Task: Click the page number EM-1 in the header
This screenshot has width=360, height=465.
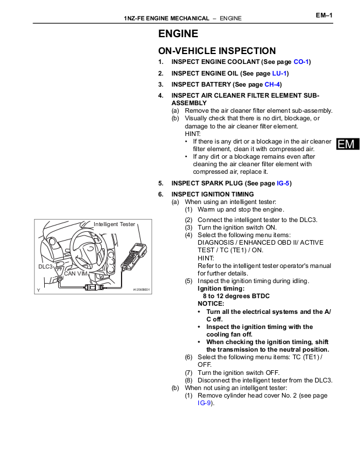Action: pyautogui.click(x=324, y=15)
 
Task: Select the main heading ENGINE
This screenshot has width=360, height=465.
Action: pyautogui.click(x=178, y=34)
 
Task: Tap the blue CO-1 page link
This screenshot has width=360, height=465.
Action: pyautogui.click(x=301, y=62)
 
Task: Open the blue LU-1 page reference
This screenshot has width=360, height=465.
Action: pyautogui.click(x=280, y=73)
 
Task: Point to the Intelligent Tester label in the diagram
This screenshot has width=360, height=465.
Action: pyautogui.click(x=114, y=224)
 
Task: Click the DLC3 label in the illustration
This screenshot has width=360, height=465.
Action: pyautogui.click(x=45, y=266)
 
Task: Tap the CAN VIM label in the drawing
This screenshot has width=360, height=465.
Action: pyautogui.click(x=76, y=273)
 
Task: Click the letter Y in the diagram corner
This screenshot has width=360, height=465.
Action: pyautogui.click(x=38, y=289)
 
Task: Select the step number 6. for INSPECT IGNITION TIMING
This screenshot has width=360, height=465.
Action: pyautogui.click(x=161, y=194)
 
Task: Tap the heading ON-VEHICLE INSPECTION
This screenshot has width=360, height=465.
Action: pyautogui.click(x=217, y=51)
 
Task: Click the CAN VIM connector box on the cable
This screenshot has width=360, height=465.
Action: pyautogui.click(x=94, y=287)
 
